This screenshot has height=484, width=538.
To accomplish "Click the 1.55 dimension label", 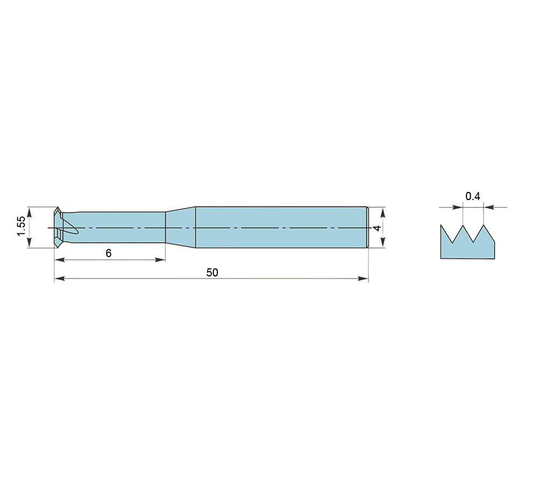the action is point(21,226).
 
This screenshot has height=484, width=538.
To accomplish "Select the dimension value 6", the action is point(109,253).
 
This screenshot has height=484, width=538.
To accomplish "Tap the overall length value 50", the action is point(212,273).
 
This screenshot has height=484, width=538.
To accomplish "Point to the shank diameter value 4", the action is point(377,228).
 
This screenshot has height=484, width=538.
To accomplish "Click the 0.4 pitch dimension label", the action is point(472,196).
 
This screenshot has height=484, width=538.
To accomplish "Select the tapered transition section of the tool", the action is point(180,227).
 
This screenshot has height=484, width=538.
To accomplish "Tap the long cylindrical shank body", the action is point(281,227).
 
